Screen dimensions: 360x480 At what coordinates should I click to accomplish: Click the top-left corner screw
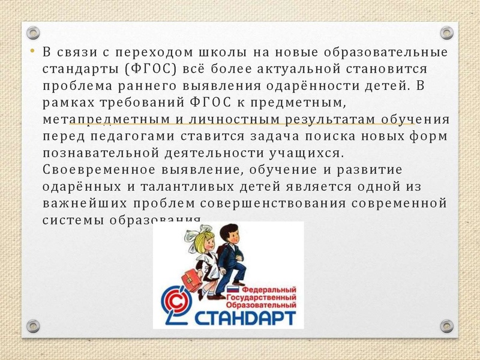[x=34, y=32]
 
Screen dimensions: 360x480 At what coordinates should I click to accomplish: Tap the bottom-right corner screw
[x=446, y=326]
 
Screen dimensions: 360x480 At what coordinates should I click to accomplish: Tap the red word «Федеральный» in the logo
[x=267, y=289]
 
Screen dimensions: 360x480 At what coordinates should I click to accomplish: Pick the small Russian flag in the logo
[x=229, y=290]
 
